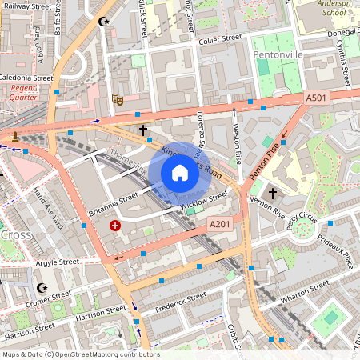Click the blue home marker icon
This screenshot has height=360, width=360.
180,173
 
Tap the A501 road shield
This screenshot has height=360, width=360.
316,98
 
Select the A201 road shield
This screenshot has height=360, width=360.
220,225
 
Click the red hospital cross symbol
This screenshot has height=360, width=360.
115,226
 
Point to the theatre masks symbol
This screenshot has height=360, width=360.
117,100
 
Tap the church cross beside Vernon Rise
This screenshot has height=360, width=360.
272,194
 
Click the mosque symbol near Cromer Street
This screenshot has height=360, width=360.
42,288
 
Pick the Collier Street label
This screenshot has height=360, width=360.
220,38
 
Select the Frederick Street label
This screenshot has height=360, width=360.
181,302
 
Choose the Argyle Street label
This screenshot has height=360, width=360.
57,262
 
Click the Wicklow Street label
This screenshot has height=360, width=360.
205,204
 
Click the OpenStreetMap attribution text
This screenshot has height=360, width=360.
81,354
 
